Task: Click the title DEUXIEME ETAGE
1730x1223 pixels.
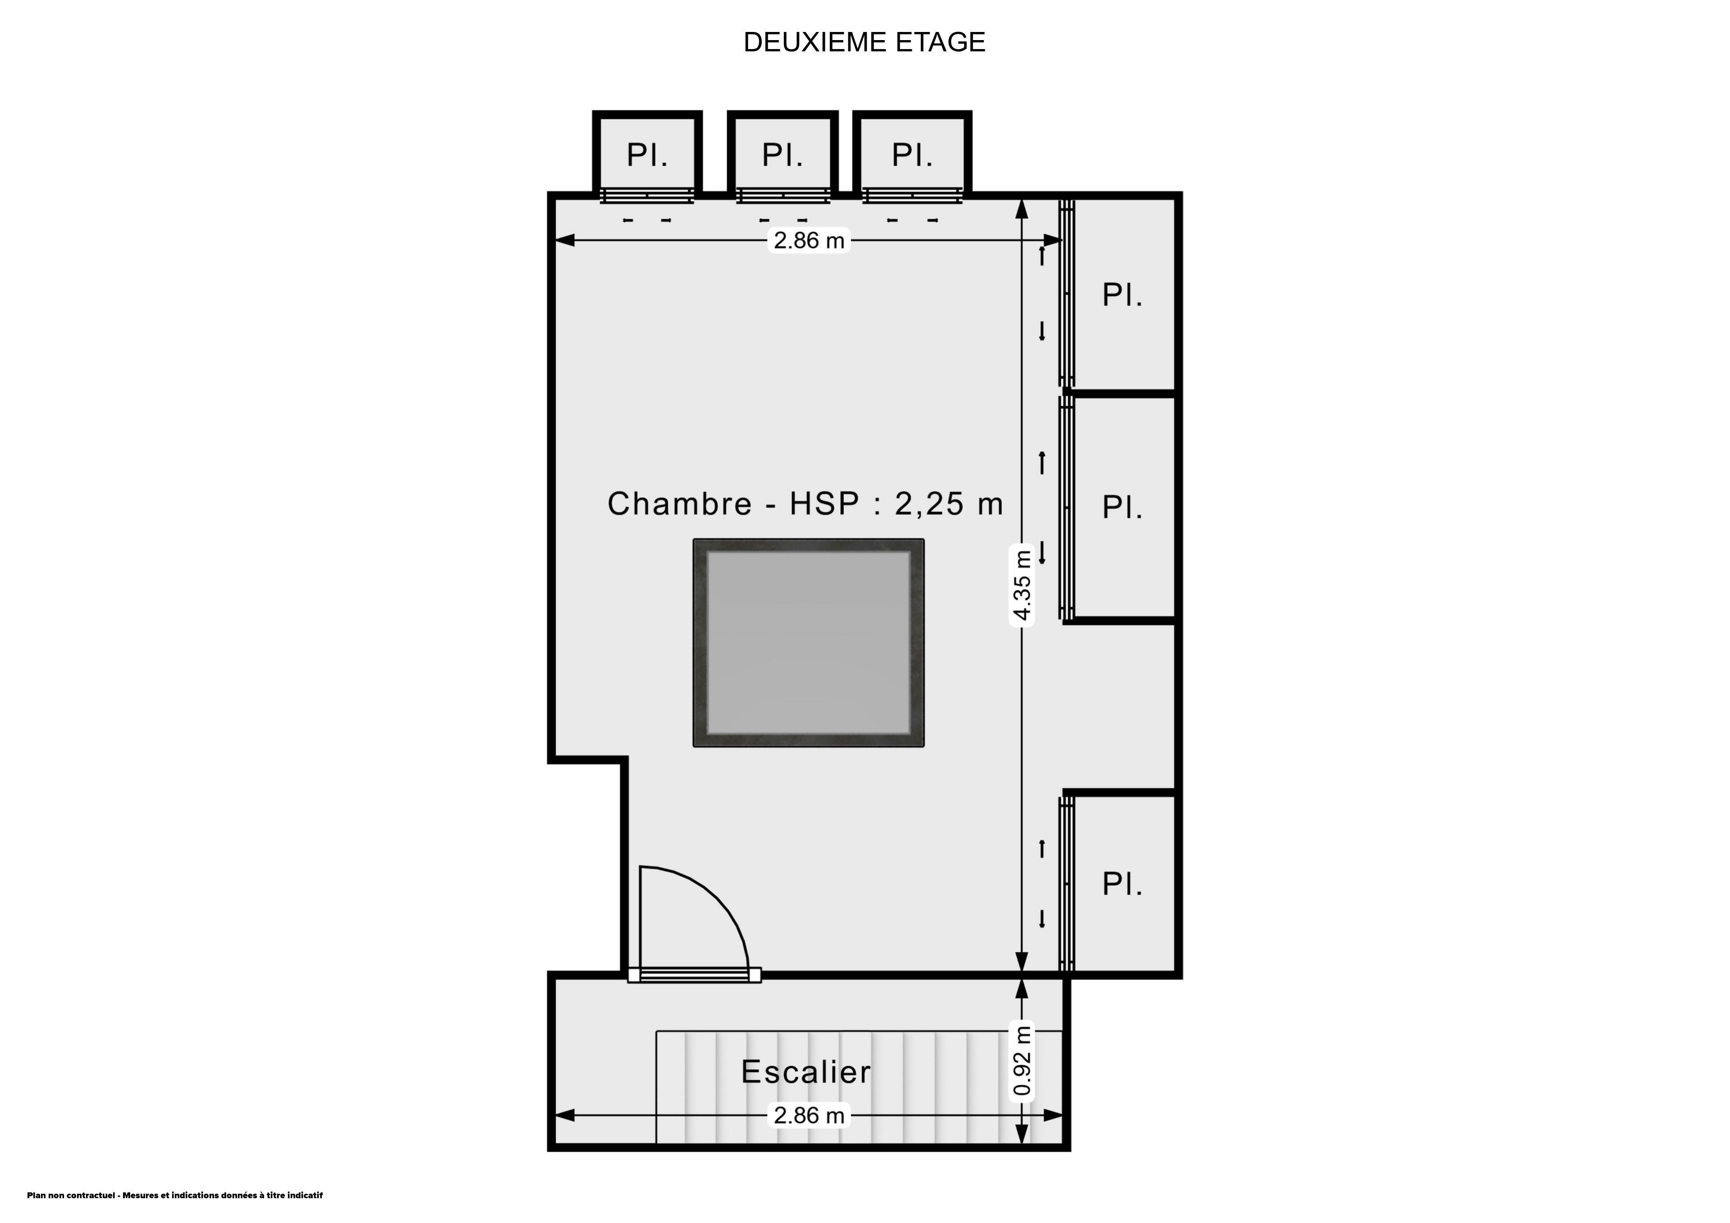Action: [x=864, y=42]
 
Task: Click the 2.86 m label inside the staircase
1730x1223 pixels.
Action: [x=809, y=1115]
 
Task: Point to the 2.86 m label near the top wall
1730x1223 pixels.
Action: [x=809, y=241]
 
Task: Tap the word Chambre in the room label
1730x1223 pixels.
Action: [x=680, y=504]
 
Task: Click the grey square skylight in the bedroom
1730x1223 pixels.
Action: [x=809, y=643]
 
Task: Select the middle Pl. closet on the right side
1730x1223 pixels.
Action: [x=1123, y=507]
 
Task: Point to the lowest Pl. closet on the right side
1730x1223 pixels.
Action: [x=1123, y=884]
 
